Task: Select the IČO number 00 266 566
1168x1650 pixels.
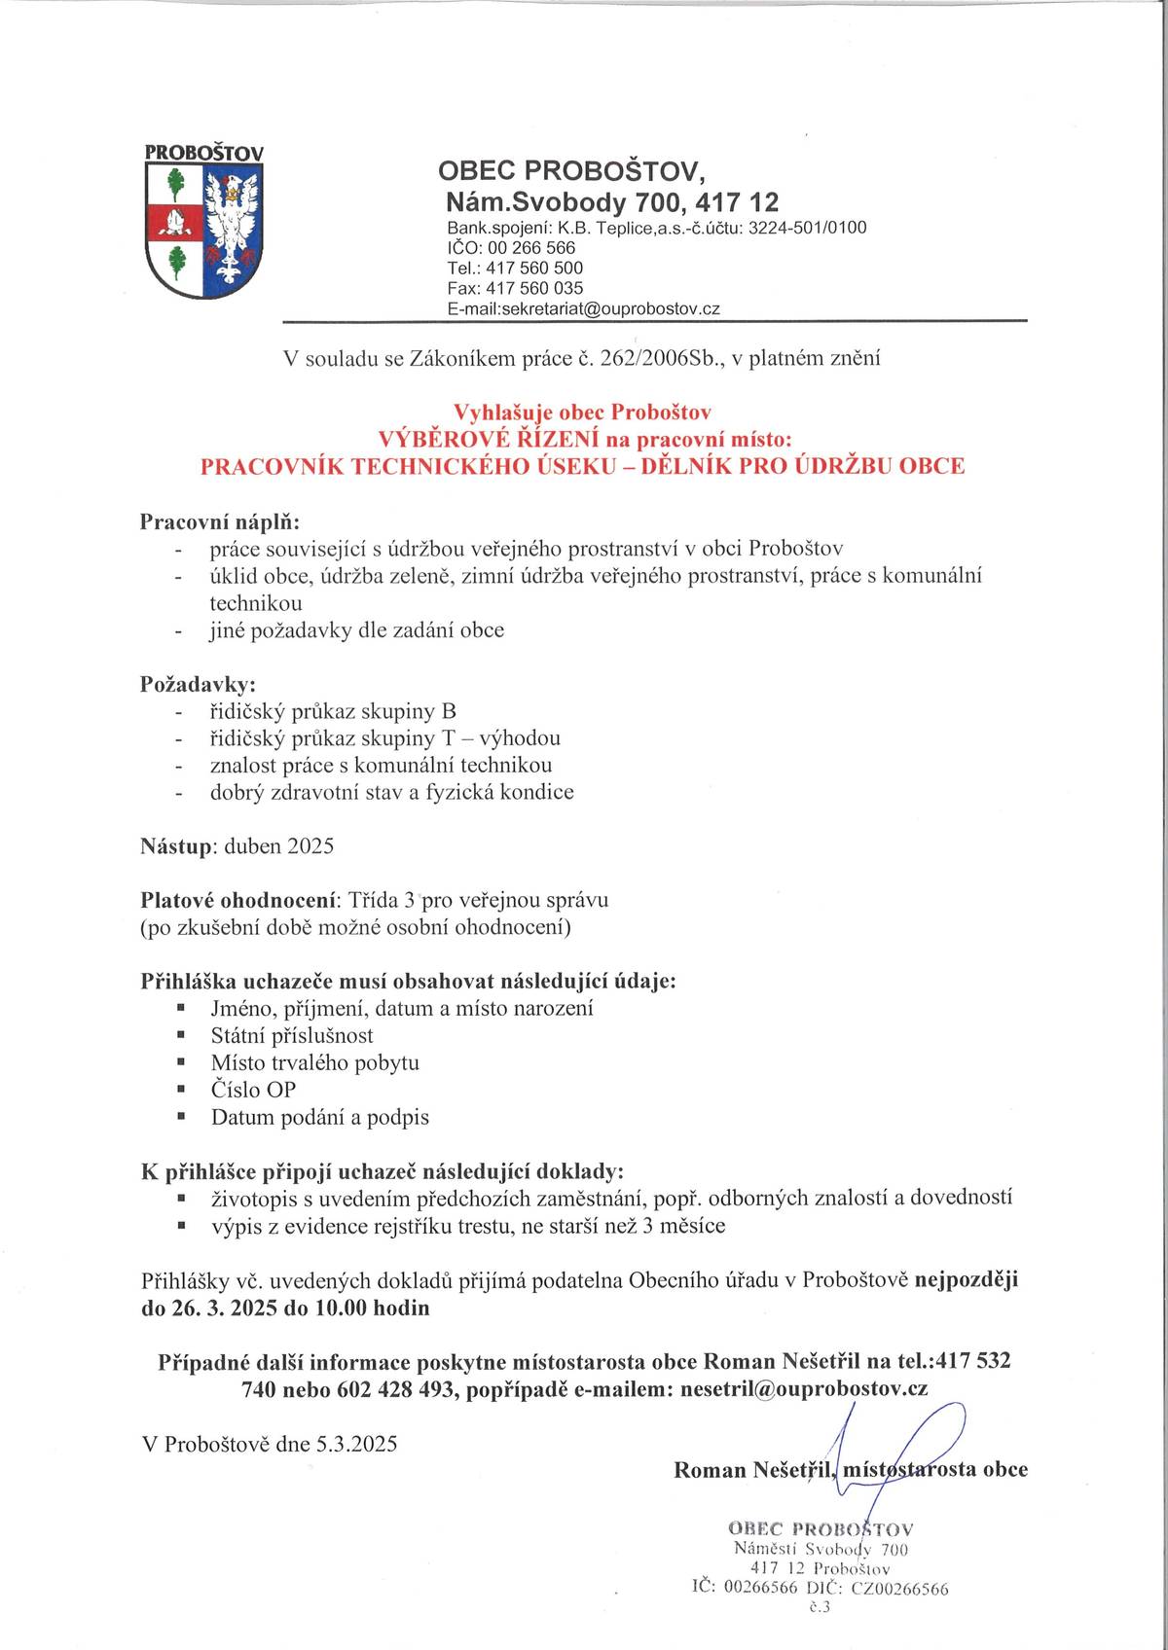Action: [532, 248]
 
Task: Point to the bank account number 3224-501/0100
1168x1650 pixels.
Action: [807, 228]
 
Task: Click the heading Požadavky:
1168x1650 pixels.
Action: [199, 684]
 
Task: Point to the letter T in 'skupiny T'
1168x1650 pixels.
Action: [448, 738]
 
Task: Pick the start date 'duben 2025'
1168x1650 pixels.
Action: [279, 846]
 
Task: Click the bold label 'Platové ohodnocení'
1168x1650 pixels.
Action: [237, 900]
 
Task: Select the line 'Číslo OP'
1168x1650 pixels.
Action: [253, 1090]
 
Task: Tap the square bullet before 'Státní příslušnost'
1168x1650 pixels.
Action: [180, 1035]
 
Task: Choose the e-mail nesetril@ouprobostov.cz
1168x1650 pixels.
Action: [803, 1389]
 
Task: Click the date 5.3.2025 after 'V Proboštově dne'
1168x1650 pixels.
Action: [356, 1444]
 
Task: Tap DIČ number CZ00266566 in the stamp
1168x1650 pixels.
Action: [899, 1589]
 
